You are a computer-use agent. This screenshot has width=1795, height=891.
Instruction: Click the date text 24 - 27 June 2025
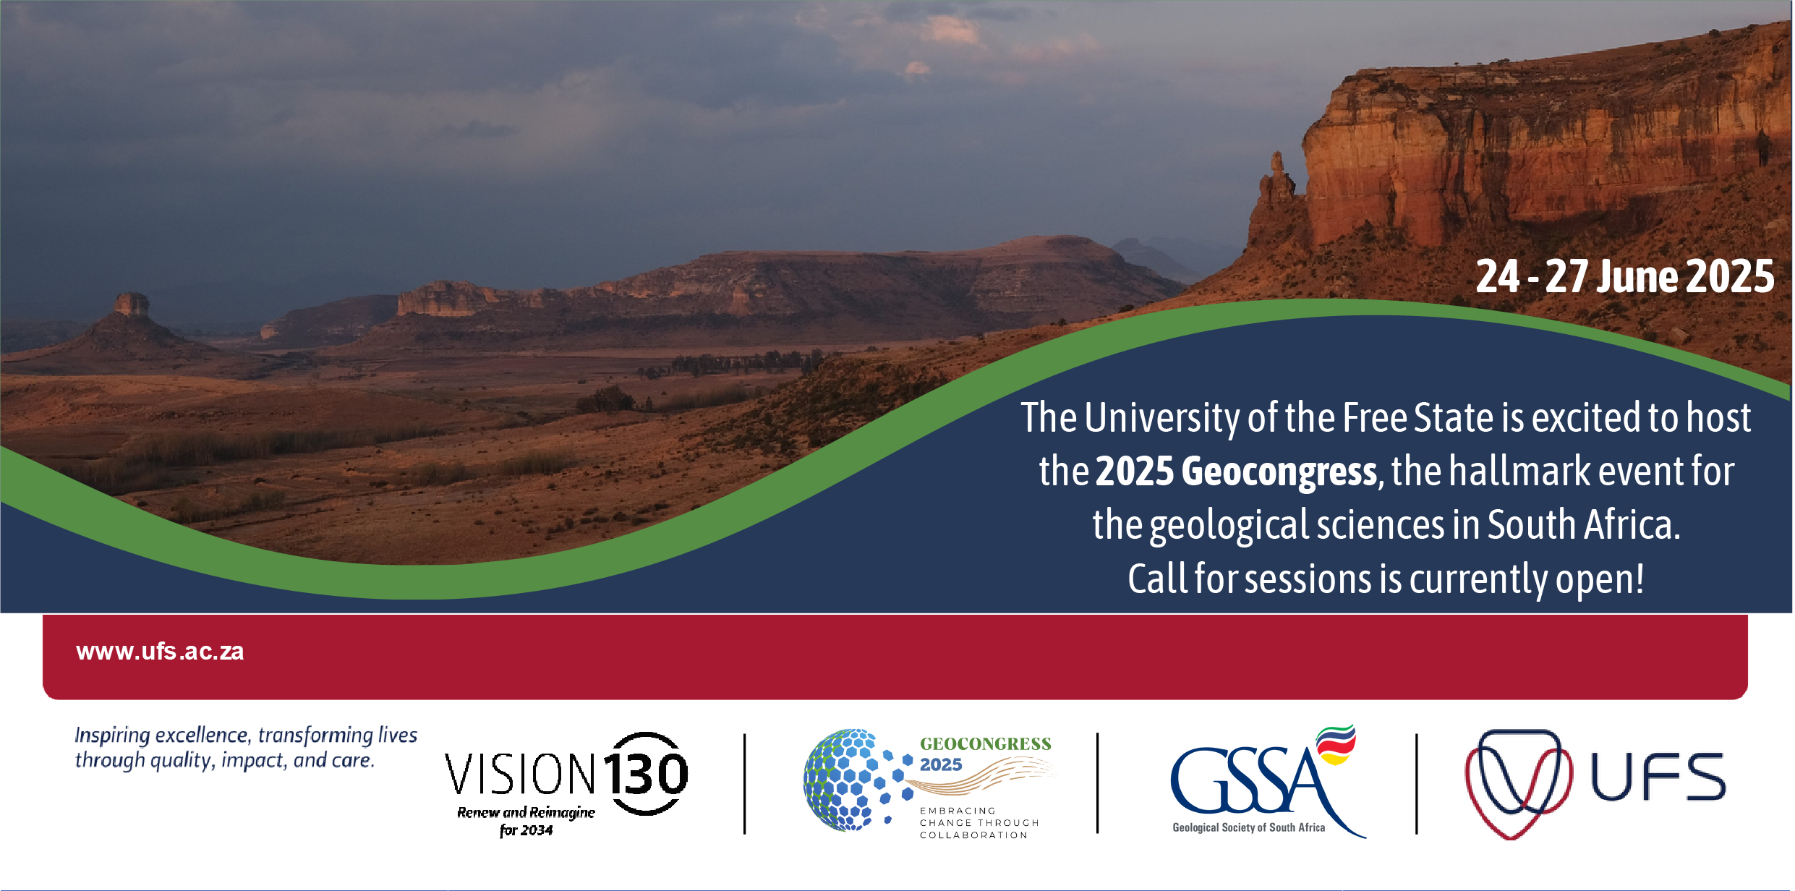point(1624,277)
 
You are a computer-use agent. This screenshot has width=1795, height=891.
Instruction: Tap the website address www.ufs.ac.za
point(160,652)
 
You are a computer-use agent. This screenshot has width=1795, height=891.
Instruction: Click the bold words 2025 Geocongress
point(1236,472)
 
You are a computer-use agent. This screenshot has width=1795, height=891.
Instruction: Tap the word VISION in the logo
point(520,775)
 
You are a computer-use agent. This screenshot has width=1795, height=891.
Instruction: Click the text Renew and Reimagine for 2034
point(526,821)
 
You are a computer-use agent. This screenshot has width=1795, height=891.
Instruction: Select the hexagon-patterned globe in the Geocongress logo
point(853,780)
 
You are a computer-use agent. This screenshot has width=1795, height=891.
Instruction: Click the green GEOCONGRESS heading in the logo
point(985,744)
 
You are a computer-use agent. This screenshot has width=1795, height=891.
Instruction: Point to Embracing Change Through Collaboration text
point(978,823)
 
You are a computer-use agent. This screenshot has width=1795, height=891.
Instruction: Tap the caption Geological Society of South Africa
point(1248,828)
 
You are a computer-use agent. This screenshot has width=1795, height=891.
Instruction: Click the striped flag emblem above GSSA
point(1336,744)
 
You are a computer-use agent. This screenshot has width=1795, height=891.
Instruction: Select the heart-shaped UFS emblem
point(1517,783)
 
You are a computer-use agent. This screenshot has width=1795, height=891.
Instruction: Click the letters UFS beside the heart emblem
point(1658,777)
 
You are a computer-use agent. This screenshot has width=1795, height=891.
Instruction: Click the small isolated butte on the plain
point(131,305)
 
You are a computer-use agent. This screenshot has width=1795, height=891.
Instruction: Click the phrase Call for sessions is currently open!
point(1386,579)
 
